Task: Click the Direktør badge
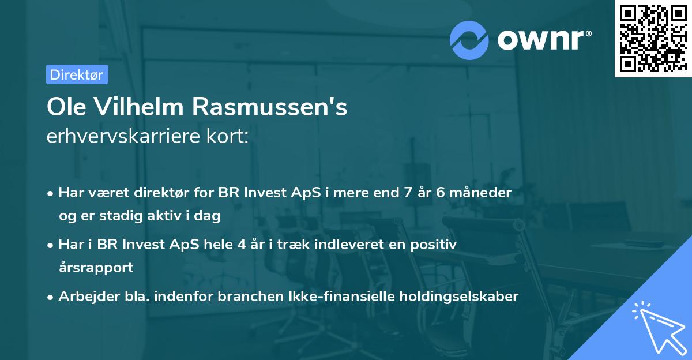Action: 77,74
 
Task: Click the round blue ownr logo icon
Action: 469,39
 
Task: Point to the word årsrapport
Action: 96,268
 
